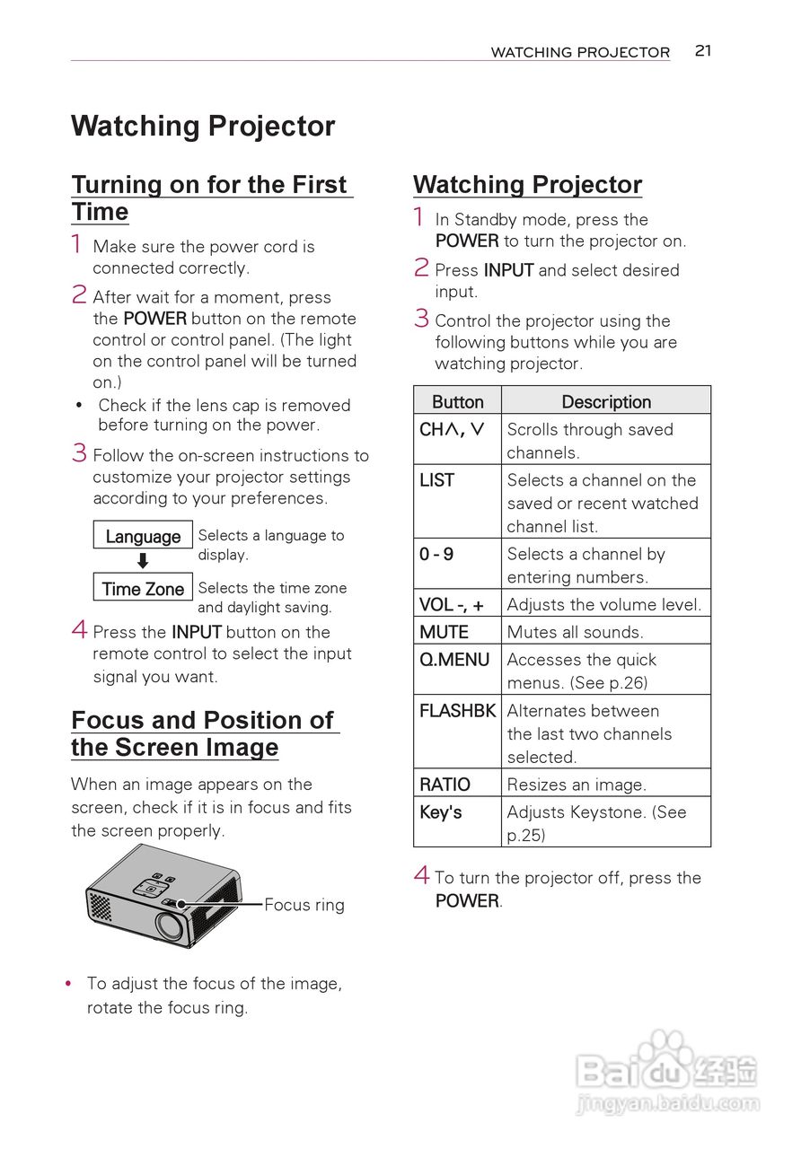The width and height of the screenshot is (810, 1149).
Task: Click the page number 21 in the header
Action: click(703, 51)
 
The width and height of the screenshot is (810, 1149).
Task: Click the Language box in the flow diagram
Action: click(143, 536)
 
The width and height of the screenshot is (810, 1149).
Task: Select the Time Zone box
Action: click(143, 589)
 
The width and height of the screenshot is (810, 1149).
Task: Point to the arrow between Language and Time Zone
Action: click(143, 562)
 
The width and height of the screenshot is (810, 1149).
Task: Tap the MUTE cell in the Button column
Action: click(457, 632)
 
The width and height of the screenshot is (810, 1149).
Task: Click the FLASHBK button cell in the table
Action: click(457, 711)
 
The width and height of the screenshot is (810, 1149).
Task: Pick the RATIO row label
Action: click(457, 784)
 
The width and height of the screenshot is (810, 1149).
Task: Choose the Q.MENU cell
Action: click(457, 660)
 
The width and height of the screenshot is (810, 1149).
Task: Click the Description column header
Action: click(606, 401)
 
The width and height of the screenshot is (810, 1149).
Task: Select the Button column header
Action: click(457, 401)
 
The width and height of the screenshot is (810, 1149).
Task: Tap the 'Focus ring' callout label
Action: click(304, 905)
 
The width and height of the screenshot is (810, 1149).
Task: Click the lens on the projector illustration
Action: click(169, 924)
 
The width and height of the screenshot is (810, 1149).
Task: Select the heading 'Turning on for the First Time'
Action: click(211, 197)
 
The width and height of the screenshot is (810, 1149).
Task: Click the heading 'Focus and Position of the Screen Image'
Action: click(204, 733)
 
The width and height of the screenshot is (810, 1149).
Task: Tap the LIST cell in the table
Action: click(457, 481)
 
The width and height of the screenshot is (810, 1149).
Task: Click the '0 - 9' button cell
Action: click(457, 555)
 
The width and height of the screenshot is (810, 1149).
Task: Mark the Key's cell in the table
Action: click(457, 812)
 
